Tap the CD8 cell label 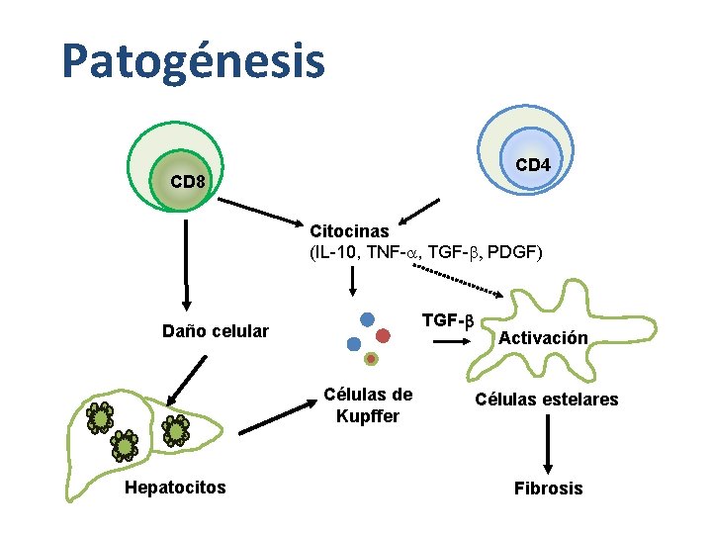(x=188, y=182)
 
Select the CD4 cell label (x=533, y=165)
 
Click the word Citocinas (x=349, y=231)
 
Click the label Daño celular (x=216, y=330)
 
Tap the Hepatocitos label (x=175, y=487)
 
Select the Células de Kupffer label (x=368, y=405)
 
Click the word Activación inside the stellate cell (x=543, y=338)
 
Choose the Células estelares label (x=546, y=400)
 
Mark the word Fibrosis (x=548, y=489)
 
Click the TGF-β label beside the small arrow (x=448, y=320)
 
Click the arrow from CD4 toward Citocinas (x=418, y=212)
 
